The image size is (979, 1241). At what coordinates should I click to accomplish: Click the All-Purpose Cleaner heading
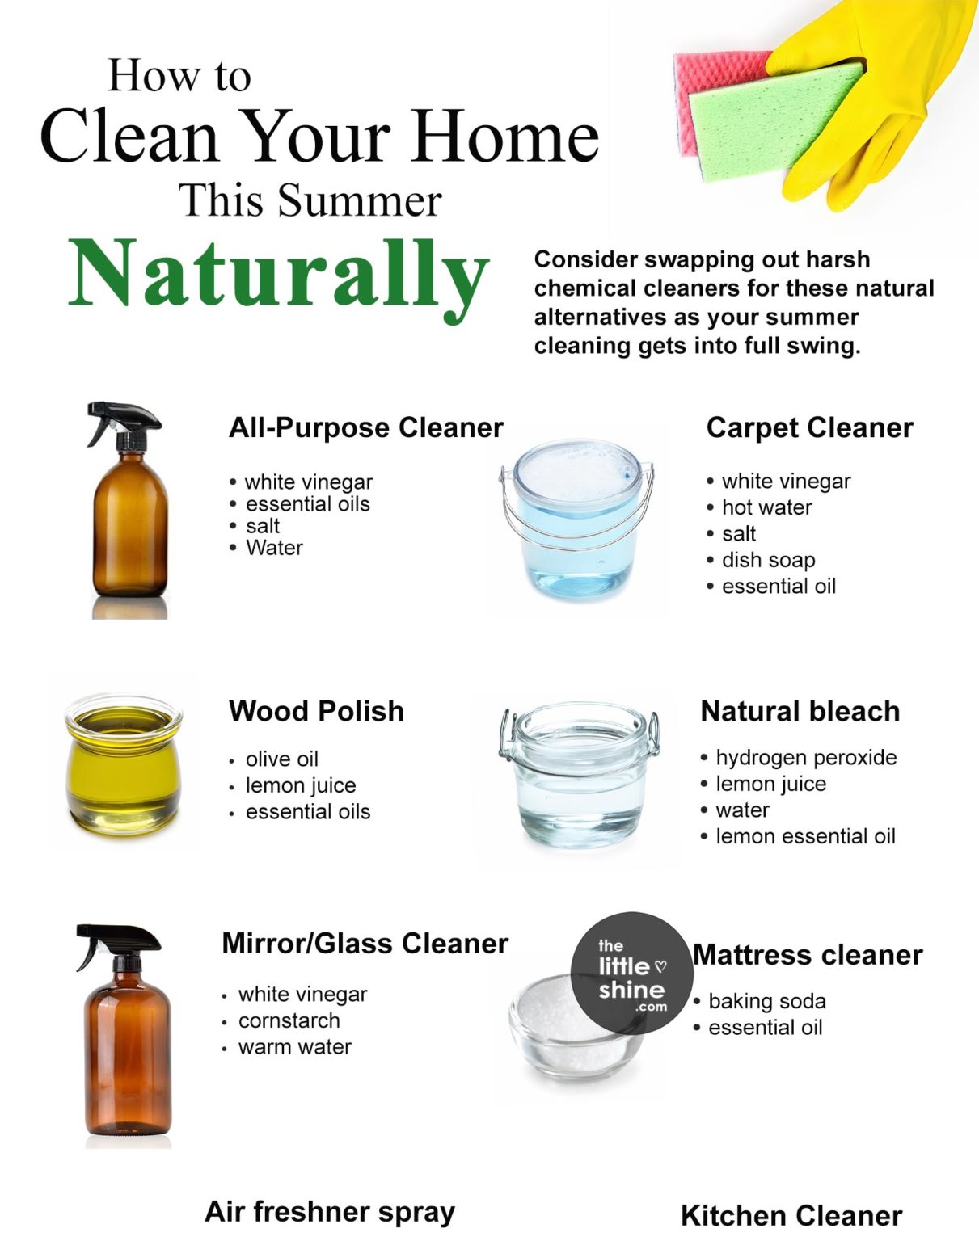click(365, 427)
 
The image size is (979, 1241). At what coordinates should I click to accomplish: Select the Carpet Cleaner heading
click(809, 427)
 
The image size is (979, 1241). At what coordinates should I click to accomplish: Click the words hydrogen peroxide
click(806, 757)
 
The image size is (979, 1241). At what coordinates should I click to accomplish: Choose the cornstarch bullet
click(289, 1020)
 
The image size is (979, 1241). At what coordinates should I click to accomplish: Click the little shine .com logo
click(631, 974)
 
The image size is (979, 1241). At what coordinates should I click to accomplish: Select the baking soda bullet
click(766, 1001)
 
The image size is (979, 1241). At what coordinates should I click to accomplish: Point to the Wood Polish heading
click(316, 711)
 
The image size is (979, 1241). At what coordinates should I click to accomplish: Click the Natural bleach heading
click(800, 711)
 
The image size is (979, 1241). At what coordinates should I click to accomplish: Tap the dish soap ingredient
click(768, 560)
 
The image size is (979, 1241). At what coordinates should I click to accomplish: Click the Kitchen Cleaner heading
click(791, 1215)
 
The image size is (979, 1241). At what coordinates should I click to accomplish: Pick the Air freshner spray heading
click(330, 1211)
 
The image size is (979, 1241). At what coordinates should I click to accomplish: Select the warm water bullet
click(294, 1047)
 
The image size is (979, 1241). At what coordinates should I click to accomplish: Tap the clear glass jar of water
click(580, 776)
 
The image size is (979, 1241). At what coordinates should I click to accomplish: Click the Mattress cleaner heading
click(808, 955)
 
